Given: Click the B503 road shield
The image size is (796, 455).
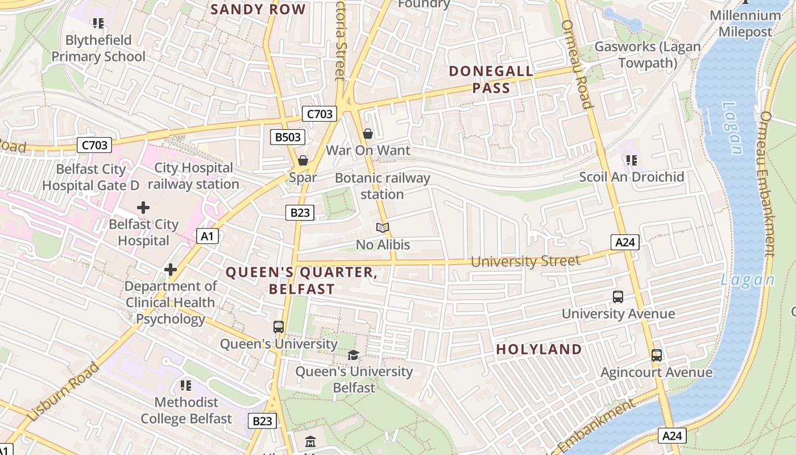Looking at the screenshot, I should tap(288, 136).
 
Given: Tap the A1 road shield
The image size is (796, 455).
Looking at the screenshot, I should tap(208, 235).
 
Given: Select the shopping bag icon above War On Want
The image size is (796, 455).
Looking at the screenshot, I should tap(368, 134).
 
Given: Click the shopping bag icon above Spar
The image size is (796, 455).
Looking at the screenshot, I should tap(303, 160).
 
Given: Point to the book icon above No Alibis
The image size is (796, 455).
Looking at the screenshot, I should tap(383, 228).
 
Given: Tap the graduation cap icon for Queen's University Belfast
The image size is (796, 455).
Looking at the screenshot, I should tap(354, 355).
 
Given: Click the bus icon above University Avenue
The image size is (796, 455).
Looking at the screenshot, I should tap(618, 296).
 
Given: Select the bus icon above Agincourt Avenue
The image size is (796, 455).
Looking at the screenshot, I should tap(657, 355).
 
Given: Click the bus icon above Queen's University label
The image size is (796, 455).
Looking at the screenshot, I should tap(279, 327).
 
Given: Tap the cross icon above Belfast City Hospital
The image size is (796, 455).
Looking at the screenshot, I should tap(143, 208).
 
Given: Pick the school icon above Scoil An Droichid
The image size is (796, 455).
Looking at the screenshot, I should tap(631, 160).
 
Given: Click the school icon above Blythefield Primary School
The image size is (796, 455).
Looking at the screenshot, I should tap(98, 23).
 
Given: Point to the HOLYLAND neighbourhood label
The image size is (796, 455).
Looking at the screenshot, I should tap(539, 349).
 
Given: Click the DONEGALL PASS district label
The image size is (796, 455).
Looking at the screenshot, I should tap(491, 80).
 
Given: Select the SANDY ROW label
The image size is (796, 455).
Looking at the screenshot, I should tap(258, 9).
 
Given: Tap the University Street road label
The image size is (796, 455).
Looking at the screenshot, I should tap(525, 261).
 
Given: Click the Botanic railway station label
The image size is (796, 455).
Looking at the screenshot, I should tap(382, 186).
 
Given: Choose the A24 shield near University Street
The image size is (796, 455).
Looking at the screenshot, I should tap(625, 242).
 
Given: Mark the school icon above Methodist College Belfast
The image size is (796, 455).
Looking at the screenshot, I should tap(186, 386).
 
